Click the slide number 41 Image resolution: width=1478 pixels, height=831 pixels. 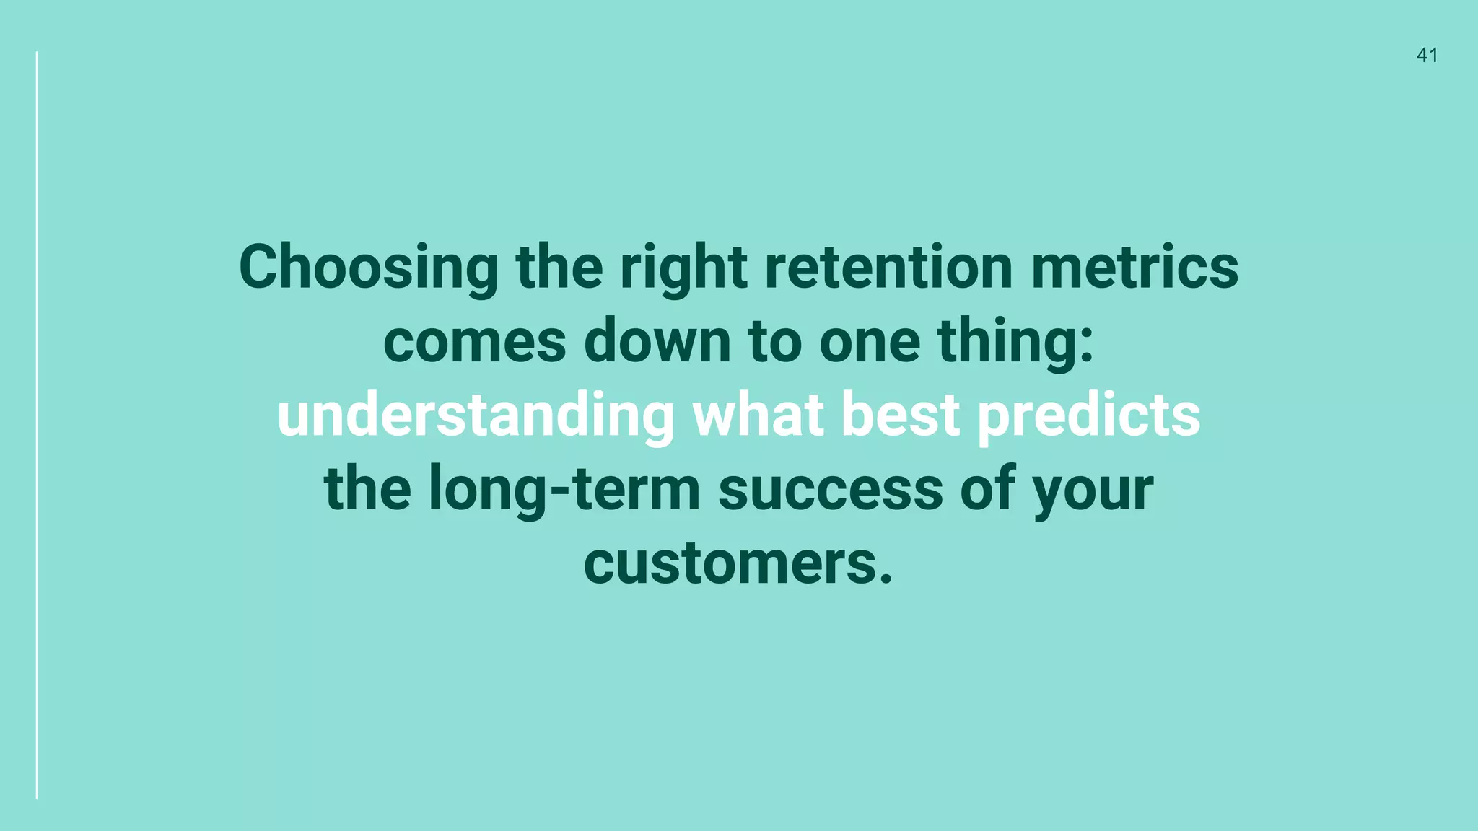tap(1427, 56)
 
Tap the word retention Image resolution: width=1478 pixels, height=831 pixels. tap(888, 267)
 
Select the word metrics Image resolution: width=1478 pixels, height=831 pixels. tap(1134, 267)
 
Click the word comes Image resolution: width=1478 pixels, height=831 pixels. tap(474, 342)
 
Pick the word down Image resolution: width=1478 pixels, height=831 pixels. tap(657, 340)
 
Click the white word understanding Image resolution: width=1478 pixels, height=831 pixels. tap(476, 416)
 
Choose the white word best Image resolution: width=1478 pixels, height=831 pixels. tap(900, 415)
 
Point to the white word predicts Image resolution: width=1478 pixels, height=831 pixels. tap(1088, 416)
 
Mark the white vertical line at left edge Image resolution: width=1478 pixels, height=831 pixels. tap(37, 426)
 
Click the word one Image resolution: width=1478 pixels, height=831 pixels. tap(869, 342)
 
